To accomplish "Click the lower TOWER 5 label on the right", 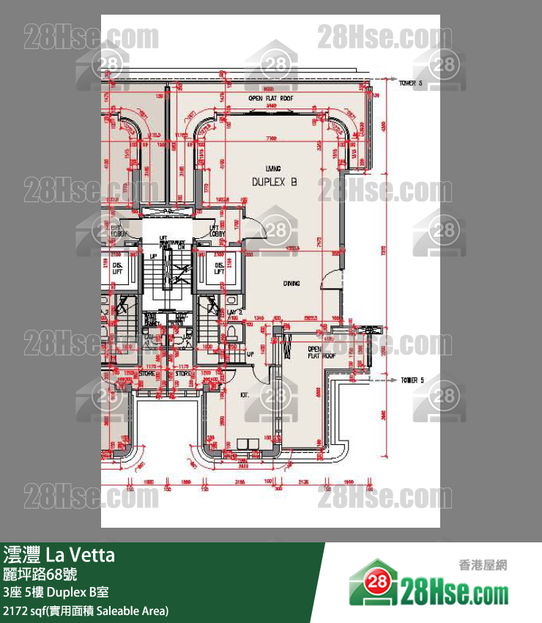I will (x=412, y=380).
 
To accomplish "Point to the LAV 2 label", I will (x=234, y=312).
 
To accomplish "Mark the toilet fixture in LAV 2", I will (x=232, y=333).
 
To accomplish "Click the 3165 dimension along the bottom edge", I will (x=239, y=482).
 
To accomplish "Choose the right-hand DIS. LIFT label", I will (x=218, y=269).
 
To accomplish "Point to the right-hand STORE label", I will (x=182, y=373).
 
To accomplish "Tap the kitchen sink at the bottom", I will (x=244, y=442).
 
